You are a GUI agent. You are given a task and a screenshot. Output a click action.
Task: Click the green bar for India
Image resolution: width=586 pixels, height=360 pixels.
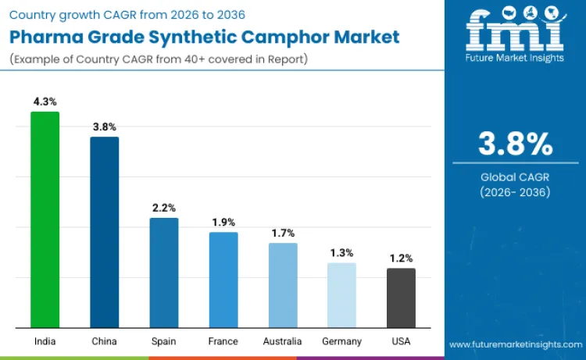(x=45, y=219)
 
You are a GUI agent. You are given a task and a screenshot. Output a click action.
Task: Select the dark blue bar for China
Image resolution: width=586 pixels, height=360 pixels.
(x=105, y=232)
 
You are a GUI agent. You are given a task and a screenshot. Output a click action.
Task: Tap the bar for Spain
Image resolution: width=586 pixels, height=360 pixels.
(x=164, y=273)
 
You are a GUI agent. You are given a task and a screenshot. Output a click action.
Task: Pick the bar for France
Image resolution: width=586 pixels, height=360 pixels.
(x=223, y=280)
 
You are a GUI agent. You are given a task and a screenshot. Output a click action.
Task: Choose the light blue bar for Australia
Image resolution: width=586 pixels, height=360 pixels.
(x=283, y=285)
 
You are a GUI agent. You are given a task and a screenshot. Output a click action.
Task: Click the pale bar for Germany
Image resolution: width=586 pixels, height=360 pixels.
(x=341, y=295)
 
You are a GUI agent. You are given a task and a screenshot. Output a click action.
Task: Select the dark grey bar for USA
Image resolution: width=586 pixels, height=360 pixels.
(x=401, y=298)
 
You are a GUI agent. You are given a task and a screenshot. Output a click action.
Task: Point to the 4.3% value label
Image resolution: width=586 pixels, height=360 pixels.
(x=45, y=102)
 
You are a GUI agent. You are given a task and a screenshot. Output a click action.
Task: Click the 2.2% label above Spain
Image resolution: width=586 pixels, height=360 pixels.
(x=164, y=208)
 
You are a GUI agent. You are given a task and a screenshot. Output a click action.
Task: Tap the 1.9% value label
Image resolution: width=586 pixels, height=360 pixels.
(x=223, y=222)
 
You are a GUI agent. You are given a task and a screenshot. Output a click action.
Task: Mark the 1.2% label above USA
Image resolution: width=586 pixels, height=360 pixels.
(x=401, y=258)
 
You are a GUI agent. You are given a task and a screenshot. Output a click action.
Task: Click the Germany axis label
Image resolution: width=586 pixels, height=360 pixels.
(x=341, y=341)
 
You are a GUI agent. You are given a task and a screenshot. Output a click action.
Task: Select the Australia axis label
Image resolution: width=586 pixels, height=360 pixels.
(x=283, y=341)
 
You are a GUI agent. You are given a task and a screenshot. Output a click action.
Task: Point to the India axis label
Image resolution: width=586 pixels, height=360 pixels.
(x=45, y=341)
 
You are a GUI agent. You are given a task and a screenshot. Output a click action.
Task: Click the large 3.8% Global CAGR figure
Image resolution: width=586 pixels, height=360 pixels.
(x=515, y=144)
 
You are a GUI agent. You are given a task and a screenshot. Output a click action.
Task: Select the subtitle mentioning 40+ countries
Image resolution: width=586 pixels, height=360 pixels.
(x=161, y=60)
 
